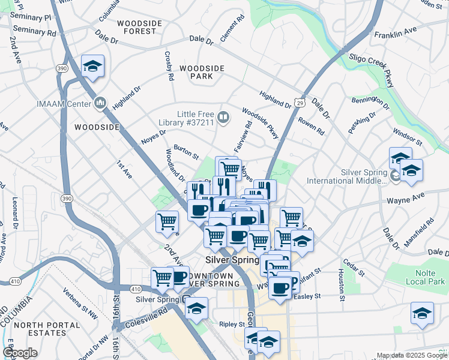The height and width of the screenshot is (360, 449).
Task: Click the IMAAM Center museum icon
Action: point(100,103)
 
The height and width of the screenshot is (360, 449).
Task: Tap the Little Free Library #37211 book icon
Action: point(223,117)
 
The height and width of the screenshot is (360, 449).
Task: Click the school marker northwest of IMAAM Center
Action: point(92,66)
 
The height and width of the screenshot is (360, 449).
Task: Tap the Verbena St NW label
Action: point(80,302)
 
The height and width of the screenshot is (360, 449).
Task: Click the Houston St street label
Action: point(340,284)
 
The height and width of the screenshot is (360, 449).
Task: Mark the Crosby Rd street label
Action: point(169,66)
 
